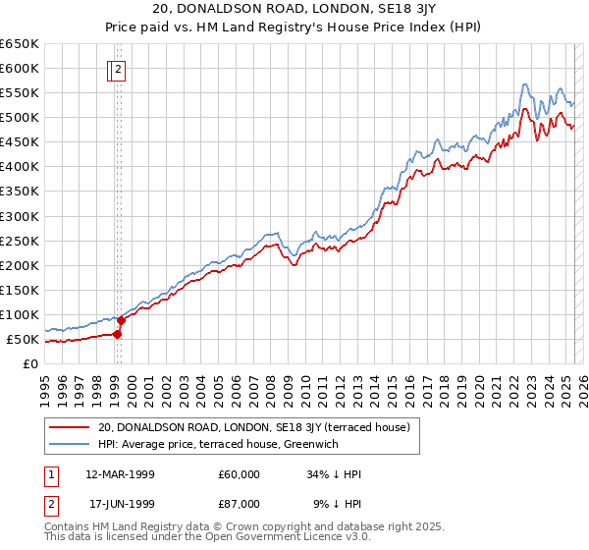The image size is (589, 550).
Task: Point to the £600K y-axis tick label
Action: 21,68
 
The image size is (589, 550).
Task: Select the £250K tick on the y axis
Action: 21,241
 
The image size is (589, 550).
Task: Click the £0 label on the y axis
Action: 31,363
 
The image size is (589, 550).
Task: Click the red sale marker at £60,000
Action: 117,334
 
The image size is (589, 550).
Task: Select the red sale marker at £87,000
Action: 122,320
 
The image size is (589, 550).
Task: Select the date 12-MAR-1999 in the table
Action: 120,474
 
